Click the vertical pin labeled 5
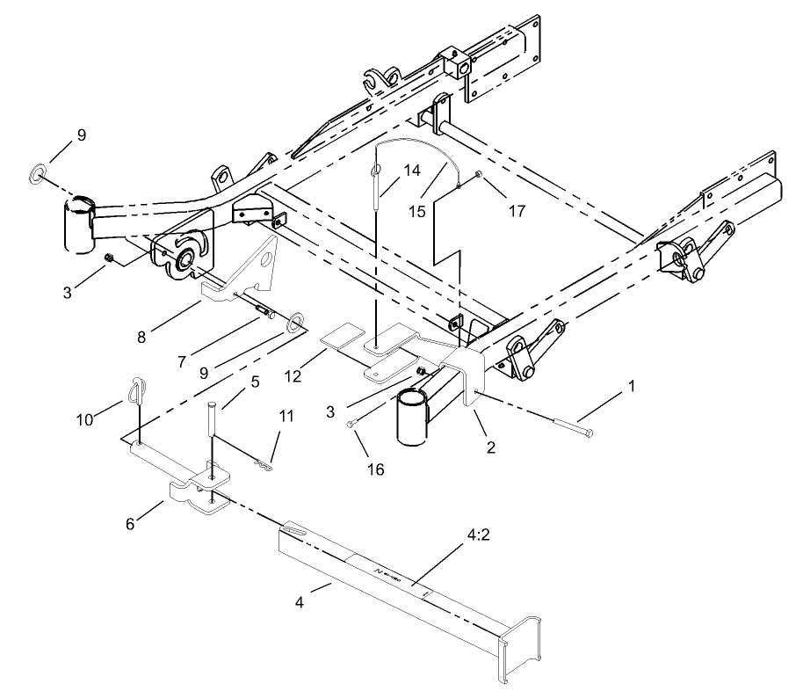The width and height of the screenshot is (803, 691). coord(212,431)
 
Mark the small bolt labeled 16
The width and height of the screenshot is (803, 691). coord(351,424)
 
